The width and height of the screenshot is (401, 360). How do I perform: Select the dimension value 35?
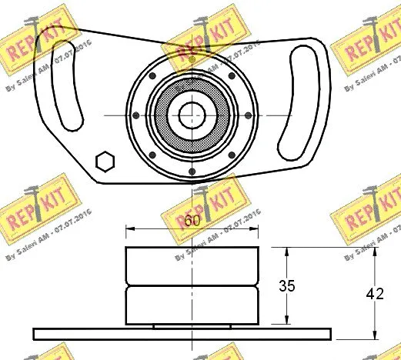click(x=286, y=286)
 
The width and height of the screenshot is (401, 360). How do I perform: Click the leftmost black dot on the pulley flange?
click(x=135, y=115)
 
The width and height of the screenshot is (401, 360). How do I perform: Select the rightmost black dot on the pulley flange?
click(x=247, y=115)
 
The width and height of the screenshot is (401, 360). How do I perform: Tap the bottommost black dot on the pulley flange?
click(x=190, y=171)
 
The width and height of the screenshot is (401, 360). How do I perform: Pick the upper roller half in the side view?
click(x=192, y=267)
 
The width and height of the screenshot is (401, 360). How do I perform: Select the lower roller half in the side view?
click(x=192, y=305)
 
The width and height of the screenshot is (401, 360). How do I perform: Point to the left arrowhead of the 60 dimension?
click(x=129, y=229)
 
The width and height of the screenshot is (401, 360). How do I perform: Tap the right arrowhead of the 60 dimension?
click(x=255, y=229)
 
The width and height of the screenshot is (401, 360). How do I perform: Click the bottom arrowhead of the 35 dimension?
click(x=286, y=321)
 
